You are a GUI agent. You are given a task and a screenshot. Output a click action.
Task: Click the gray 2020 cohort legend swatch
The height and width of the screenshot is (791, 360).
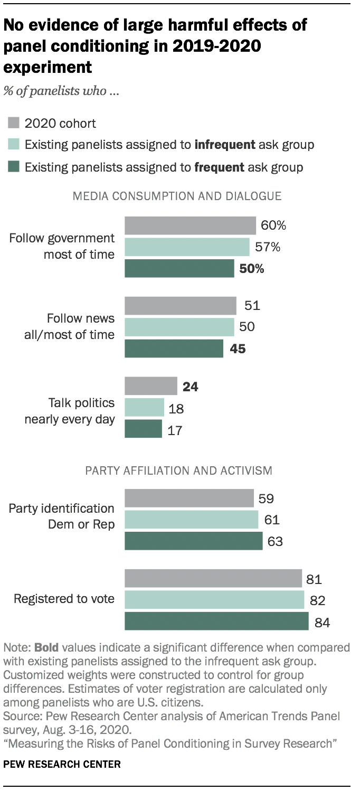[x=14, y=124]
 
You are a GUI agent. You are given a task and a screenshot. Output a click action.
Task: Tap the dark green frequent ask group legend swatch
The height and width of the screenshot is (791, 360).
[x=14, y=167]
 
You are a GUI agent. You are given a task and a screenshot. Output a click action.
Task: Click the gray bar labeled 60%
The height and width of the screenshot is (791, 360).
[x=190, y=226]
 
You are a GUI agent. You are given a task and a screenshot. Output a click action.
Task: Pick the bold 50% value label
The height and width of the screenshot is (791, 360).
[x=252, y=269]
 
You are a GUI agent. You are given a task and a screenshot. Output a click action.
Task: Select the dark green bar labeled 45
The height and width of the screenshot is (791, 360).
[x=174, y=349]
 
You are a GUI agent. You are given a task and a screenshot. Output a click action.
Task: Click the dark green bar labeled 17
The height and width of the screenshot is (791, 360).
[x=143, y=429]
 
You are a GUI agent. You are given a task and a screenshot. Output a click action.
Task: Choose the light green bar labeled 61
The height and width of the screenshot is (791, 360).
[x=191, y=520]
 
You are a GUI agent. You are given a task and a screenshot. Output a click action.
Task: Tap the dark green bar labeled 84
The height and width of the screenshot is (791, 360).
[x=216, y=621]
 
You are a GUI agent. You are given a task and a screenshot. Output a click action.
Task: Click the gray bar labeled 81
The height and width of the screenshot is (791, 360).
[x=213, y=579]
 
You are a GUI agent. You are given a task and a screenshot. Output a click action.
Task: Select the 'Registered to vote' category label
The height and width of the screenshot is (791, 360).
[x=64, y=599]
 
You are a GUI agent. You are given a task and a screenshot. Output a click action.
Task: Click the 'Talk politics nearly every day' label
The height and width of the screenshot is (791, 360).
[x=70, y=411]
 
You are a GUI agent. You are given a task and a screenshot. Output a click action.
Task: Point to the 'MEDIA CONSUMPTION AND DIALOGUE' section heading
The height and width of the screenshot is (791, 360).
[x=177, y=196]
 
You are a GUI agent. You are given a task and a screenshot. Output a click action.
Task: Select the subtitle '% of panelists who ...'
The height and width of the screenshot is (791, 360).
[x=61, y=91]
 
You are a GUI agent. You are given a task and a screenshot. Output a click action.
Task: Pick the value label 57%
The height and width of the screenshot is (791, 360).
[x=267, y=247]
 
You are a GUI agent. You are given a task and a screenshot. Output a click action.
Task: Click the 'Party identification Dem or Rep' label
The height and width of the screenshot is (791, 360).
[x=62, y=516]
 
